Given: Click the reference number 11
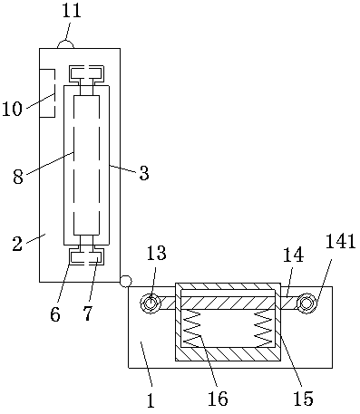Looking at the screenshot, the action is tap(72, 11).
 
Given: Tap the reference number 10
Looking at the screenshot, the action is tap(12, 109).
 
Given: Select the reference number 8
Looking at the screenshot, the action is tap(18, 177).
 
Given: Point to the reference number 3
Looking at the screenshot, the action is tap(144, 173).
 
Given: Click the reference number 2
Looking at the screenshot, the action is tap(17, 244).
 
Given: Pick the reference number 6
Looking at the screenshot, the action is tap(55, 314).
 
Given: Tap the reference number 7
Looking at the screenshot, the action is tap(87, 314).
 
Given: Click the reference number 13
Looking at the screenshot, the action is tap(157, 253).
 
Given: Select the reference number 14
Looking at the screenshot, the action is tap(294, 255).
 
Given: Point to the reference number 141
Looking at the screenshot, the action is tap(340, 242).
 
